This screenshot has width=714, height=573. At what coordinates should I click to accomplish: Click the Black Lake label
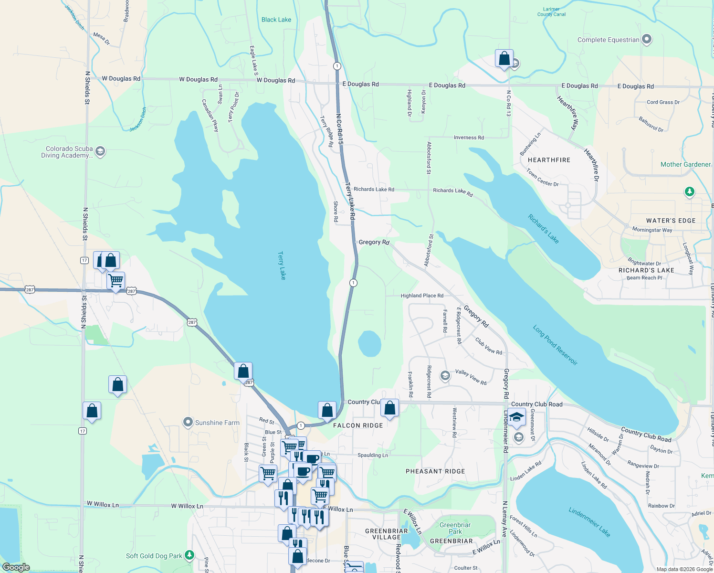click(x=276, y=20)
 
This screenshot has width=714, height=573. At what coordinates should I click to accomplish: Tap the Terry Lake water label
click(x=282, y=265)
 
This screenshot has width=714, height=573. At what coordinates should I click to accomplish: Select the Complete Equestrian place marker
click(x=647, y=40)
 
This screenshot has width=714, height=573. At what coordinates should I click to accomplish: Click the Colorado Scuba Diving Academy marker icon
click(x=100, y=152)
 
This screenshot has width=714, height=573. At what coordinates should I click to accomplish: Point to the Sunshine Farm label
click(x=217, y=423)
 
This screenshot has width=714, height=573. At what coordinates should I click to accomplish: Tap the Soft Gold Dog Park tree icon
click(x=190, y=555)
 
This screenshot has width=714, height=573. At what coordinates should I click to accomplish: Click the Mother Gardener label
click(x=685, y=164)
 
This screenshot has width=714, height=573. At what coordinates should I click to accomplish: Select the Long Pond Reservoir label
click(x=555, y=345)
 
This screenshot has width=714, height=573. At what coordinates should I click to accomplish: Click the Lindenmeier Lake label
click(x=589, y=522)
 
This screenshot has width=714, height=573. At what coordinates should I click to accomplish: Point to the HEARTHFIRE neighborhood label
click(x=549, y=160)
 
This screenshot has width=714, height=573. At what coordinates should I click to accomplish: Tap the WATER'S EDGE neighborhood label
click(x=671, y=221)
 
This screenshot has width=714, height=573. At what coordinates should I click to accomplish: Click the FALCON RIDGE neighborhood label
click(x=358, y=425)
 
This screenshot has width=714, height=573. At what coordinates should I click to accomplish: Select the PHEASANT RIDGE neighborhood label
click(x=435, y=471)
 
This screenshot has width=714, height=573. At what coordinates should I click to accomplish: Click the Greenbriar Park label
click(x=455, y=528)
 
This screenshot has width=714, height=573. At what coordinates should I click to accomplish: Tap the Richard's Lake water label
click(x=543, y=229)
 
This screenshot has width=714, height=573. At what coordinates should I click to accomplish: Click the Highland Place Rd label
click(x=422, y=296)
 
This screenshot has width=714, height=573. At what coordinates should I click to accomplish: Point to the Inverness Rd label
click(x=469, y=138)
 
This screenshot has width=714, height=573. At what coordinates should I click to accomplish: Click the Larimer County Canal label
click(x=551, y=12)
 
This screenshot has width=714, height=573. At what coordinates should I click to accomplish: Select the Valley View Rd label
click(x=471, y=377)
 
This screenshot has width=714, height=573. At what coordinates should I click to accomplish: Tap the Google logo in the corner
click(x=16, y=567)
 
